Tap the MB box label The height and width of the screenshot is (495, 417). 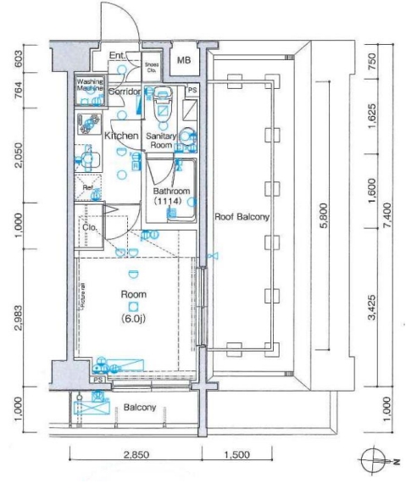point(184,60)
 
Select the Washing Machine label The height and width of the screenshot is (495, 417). point(90,85)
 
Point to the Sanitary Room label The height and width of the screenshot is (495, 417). point(160,140)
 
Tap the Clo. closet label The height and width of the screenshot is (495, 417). point(88,226)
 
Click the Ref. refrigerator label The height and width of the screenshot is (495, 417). point(87,187)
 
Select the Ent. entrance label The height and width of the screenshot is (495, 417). point(118,57)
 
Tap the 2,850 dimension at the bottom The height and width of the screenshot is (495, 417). point(136,455)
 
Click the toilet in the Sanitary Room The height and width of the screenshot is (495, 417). point(163,108)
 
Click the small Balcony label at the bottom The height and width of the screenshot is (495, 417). point(140,408)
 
